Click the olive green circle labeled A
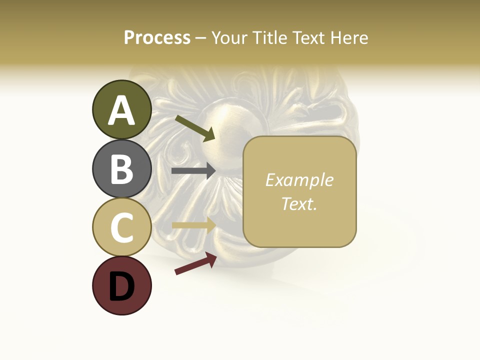pos(121,109)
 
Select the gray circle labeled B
pos(121,168)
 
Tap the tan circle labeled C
pos(121,227)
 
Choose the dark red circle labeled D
pos(121,285)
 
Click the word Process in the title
pos(157,37)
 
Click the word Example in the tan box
pos(299,180)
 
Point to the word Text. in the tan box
pos(299,203)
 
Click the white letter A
pos(121,110)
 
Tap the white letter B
pos(121,169)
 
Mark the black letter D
pos(121,286)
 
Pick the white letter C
pos(121,227)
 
